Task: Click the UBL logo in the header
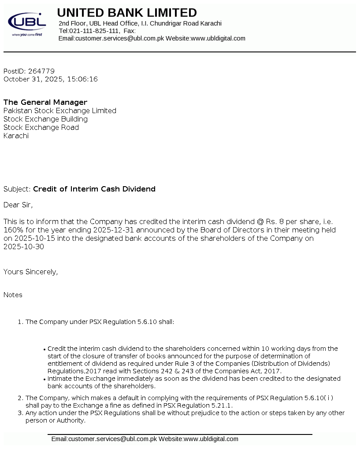(27, 23)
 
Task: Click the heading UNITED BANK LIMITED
(127, 12)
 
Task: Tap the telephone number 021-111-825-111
(94, 31)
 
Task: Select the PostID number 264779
(41, 71)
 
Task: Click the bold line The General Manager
(45, 102)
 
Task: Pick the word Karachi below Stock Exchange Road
(16, 136)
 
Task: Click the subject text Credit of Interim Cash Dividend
(94, 189)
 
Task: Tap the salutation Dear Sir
(18, 205)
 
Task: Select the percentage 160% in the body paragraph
(13, 230)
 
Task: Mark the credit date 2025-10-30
(23, 247)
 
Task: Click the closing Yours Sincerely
(30, 272)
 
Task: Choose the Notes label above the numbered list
(13, 295)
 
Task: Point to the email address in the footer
(112, 439)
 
